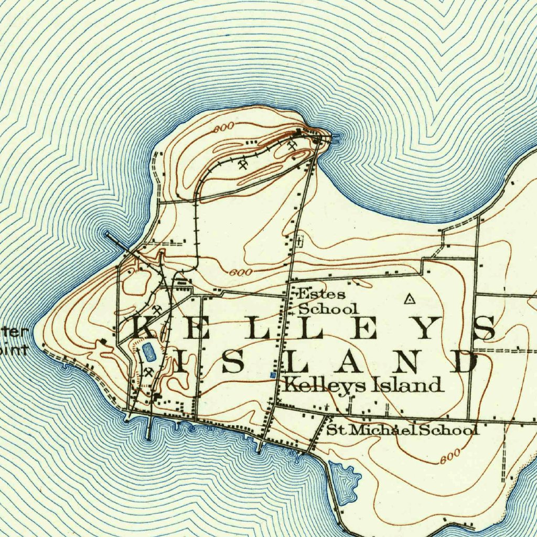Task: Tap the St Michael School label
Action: [x=402, y=430]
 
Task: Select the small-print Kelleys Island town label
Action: [x=362, y=385]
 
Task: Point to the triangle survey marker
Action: [x=410, y=299]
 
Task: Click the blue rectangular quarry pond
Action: [x=148, y=351]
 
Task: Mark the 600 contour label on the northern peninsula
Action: [x=224, y=127]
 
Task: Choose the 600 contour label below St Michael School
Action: [x=450, y=455]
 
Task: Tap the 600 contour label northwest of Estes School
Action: [x=241, y=272]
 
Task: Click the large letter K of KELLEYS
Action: [x=143, y=328]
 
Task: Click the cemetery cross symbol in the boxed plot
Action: [x=299, y=242]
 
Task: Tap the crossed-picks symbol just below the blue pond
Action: [x=149, y=373]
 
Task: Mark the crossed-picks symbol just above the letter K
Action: [x=157, y=309]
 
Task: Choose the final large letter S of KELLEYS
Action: [x=484, y=328]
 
